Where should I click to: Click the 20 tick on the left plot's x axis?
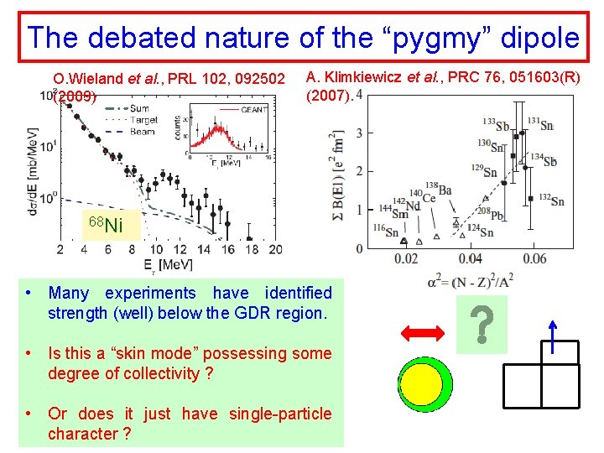tap(274, 249)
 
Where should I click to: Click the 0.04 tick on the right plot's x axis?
tap(470, 259)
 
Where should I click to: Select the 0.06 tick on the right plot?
tap(534, 259)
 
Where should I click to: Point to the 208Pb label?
tap(491, 214)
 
